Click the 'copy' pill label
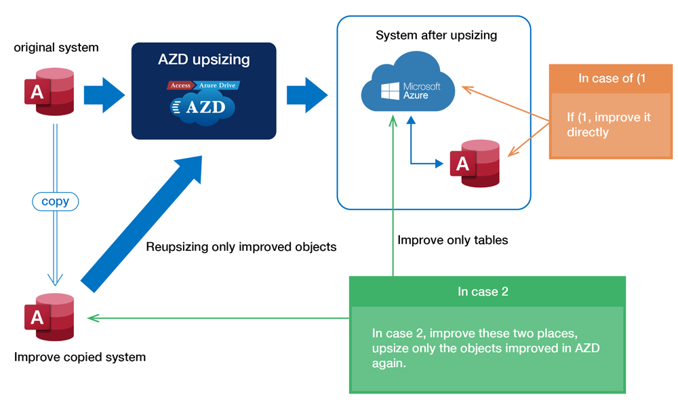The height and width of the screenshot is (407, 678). click(x=56, y=201)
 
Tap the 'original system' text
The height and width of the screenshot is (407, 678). click(x=56, y=47)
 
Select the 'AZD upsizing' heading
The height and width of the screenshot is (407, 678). click(x=203, y=59)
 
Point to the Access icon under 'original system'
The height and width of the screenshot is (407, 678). click(x=49, y=92)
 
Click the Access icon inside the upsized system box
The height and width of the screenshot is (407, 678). click(x=475, y=163)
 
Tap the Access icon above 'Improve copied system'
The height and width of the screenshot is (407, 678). click(x=49, y=317)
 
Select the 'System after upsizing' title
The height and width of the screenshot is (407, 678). click(x=436, y=35)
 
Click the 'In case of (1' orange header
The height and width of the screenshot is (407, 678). click(x=611, y=78)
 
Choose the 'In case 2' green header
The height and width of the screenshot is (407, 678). click(x=487, y=292)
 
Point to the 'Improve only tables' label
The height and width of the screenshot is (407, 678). click(x=453, y=240)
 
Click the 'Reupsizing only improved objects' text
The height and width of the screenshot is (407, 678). click(x=241, y=246)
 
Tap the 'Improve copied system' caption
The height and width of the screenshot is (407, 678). click(x=80, y=357)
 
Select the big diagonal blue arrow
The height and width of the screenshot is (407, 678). click(x=142, y=224)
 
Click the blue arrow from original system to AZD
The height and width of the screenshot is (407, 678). click(x=104, y=95)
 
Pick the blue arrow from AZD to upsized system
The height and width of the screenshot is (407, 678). click(x=307, y=95)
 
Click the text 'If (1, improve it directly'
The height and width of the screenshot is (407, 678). click(x=608, y=125)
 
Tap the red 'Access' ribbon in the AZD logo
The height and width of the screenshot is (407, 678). click(x=180, y=85)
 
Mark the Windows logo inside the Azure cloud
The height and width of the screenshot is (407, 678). click(x=390, y=92)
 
